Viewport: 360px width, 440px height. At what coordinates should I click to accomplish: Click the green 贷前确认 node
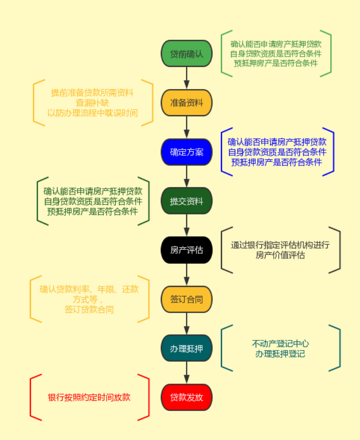click(x=186, y=54)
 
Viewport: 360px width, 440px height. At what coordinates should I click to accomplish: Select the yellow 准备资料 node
click(x=186, y=103)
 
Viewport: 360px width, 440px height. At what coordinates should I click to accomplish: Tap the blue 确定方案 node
click(x=186, y=152)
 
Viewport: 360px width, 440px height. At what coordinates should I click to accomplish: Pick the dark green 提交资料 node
click(x=186, y=201)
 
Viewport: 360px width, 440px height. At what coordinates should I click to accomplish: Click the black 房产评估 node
click(x=186, y=250)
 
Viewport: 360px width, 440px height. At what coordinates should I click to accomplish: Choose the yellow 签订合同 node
click(x=186, y=299)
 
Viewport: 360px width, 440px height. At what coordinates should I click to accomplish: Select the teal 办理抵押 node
click(x=186, y=348)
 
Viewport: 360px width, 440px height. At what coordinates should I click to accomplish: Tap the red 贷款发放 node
click(x=186, y=397)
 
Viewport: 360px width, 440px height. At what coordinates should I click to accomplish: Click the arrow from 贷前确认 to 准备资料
click(x=186, y=78)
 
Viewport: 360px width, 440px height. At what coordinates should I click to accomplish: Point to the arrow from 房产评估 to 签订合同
click(x=186, y=275)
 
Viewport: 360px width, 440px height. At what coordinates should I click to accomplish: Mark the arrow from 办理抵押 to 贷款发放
click(x=186, y=373)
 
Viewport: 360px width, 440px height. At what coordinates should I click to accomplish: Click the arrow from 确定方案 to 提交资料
click(x=186, y=176)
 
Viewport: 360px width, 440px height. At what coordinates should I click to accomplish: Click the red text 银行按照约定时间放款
click(x=89, y=397)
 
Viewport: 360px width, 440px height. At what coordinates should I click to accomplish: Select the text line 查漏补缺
click(x=92, y=102)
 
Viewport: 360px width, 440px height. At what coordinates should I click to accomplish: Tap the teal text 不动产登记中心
click(x=280, y=344)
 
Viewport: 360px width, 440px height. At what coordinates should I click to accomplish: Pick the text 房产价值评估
click(x=280, y=255)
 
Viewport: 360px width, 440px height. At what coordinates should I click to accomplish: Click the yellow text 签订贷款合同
click(x=89, y=309)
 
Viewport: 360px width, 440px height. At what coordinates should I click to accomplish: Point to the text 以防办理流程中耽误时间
click(x=92, y=112)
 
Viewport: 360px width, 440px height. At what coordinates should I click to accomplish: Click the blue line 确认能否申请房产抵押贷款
click(x=277, y=142)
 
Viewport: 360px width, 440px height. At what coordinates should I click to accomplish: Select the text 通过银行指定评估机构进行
click(x=280, y=245)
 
